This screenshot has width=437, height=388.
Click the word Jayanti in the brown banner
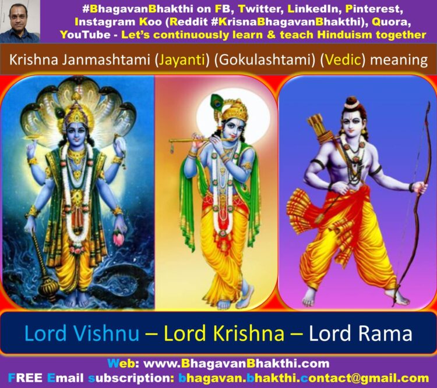point(182,60)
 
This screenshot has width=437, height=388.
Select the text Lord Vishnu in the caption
point(82,333)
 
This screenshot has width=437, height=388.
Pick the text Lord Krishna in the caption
point(224,333)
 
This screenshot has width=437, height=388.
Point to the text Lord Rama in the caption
point(360,333)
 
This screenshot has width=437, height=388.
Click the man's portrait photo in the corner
point(20,22)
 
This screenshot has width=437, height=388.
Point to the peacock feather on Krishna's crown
point(217,102)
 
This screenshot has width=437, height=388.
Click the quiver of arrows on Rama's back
point(320,127)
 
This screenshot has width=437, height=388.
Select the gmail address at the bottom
point(303,378)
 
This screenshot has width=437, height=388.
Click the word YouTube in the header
point(85,34)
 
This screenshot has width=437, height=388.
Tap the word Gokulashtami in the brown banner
point(265,60)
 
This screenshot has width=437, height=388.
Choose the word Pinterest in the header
point(374,9)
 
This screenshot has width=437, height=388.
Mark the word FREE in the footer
point(25,378)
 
